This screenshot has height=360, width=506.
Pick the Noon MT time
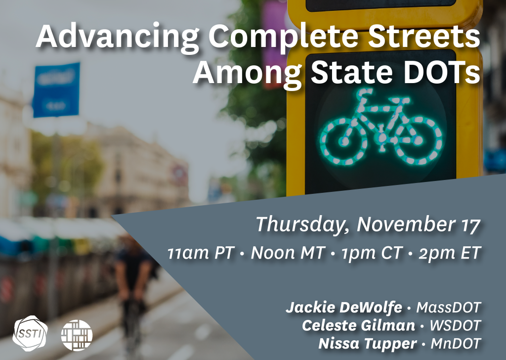tap(287, 253)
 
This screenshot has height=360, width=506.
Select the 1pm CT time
tap(371, 253)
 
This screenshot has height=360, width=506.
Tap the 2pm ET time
tap(449, 253)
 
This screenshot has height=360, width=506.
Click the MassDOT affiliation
tap(448, 308)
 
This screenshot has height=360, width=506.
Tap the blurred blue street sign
tap(56, 90)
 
